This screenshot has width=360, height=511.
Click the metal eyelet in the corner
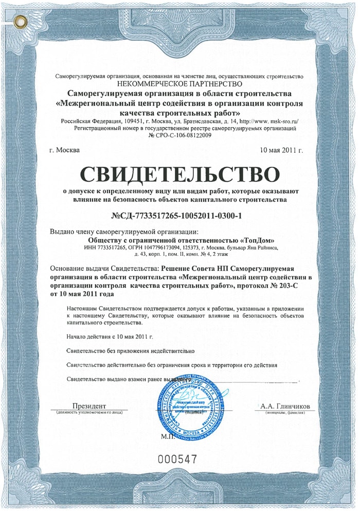tap(21, 21)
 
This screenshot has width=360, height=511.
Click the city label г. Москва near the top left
tap(64, 150)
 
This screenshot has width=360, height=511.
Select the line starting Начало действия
tap(109, 337)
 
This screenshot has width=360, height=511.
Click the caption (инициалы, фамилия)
tap(285, 413)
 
